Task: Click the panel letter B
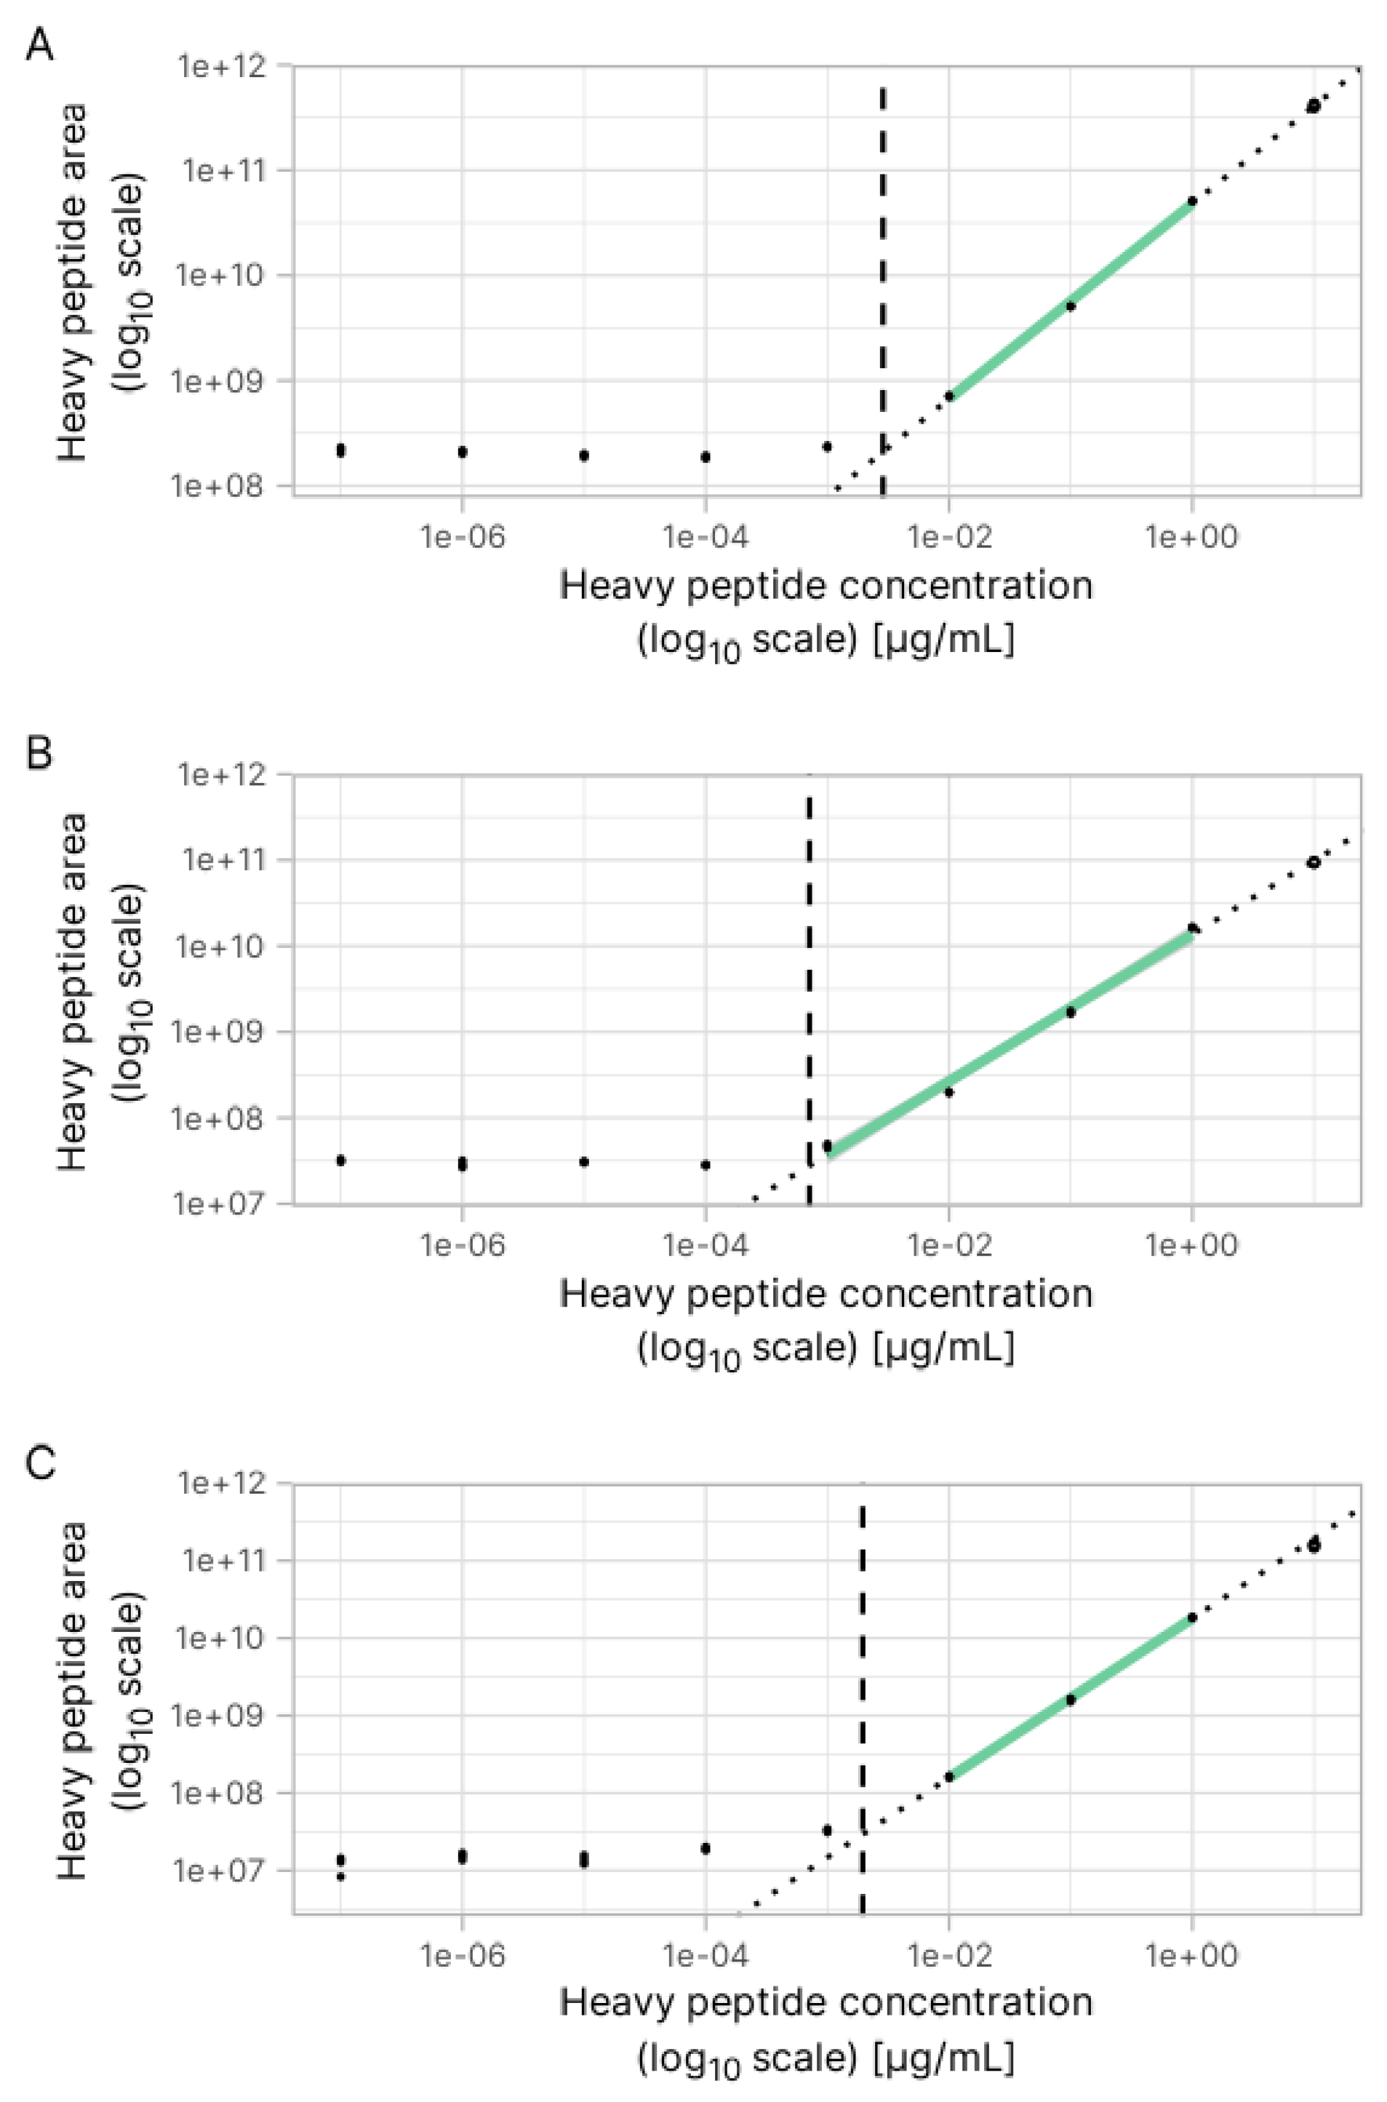39,753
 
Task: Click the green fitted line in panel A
1071,298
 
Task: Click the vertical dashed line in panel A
882,266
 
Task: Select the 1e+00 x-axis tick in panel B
1191,1246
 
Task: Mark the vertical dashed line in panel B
809,974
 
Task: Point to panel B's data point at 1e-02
949,1091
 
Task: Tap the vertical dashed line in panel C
863,1681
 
